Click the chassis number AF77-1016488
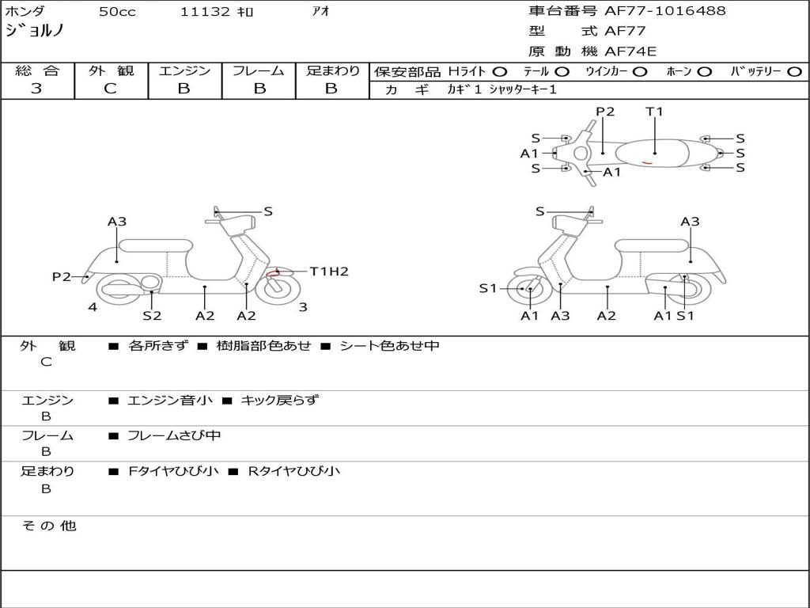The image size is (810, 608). point(664,10)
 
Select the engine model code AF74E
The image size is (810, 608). point(630,51)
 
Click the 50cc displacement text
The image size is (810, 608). point(117,11)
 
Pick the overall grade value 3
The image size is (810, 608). point(36,89)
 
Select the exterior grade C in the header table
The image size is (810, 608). point(110,89)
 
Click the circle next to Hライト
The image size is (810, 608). point(499,72)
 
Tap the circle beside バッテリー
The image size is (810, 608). point(794,72)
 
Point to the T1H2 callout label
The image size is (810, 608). point(329,272)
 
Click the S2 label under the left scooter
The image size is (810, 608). point(152,315)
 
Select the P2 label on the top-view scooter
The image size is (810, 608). point(605,112)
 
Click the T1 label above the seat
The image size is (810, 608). point(654,112)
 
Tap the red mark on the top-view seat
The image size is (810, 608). point(647,163)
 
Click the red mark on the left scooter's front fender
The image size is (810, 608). point(273,273)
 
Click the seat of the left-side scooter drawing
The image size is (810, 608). point(156,245)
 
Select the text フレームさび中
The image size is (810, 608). point(174,436)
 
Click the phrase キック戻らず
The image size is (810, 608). point(279,400)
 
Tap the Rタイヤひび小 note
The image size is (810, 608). point(294,471)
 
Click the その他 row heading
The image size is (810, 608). point(49,526)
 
